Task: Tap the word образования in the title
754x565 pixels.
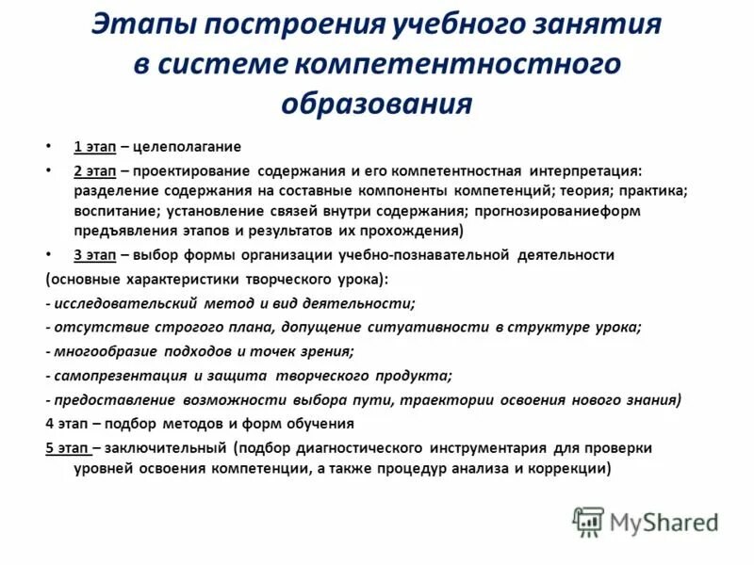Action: pos(376,102)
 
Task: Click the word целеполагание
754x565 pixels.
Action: pos(188,146)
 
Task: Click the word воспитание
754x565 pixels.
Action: pos(112,211)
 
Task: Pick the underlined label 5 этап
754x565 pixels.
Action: pos(68,447)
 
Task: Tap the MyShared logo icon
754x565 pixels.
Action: pos(589,521)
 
